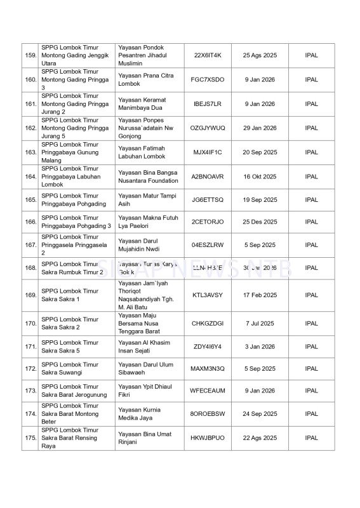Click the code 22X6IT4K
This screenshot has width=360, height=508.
207,55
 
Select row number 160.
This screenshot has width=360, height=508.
30,80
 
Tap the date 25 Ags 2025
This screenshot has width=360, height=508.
260,55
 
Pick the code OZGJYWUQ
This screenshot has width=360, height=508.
207,128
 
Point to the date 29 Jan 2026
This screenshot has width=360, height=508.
260,128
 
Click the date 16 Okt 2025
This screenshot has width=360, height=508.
260,177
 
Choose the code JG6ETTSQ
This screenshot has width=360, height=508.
207,200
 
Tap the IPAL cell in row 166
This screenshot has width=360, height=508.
311,222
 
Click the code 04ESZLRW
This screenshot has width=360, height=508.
207,245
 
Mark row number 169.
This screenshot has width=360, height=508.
30,295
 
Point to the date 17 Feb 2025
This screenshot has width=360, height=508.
260,295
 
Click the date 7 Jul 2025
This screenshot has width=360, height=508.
260,323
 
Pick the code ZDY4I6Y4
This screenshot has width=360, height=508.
207,347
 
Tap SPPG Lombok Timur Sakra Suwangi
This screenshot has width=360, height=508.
70,369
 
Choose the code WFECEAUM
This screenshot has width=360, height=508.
207,391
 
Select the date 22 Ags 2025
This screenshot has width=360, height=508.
260,438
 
